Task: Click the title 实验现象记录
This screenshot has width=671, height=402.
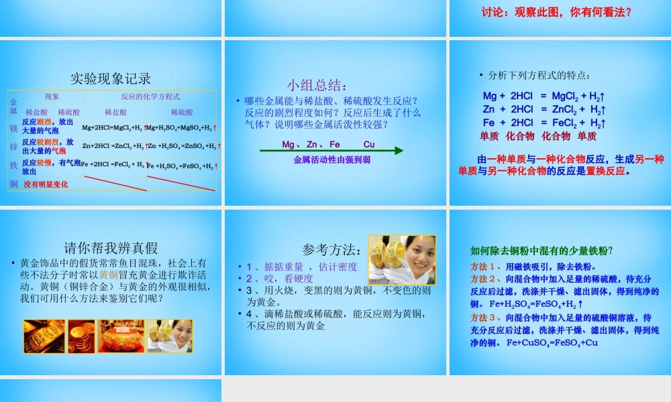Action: click(111, 78)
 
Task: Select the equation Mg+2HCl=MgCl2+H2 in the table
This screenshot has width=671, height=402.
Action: click(112, 127)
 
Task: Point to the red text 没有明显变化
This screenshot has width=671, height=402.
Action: click(46, 184)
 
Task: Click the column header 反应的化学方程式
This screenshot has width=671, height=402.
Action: click(150, 96)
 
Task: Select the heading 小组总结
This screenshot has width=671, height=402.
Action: click(317, 85)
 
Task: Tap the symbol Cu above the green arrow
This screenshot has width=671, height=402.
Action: click(369, 144)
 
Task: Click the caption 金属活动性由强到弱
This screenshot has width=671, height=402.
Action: click(331, 160)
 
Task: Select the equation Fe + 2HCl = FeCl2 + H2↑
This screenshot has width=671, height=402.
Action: click(544, 123)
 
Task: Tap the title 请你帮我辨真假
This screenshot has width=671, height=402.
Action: click(111, 248)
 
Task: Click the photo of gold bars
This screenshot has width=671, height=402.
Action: click(44, 336)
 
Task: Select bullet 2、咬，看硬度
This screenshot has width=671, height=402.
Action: click(280, 278)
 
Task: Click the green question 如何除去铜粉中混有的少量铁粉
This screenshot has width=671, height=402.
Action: click(541, 251)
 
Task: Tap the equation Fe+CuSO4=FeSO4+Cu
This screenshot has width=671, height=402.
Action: click(552, 342)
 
